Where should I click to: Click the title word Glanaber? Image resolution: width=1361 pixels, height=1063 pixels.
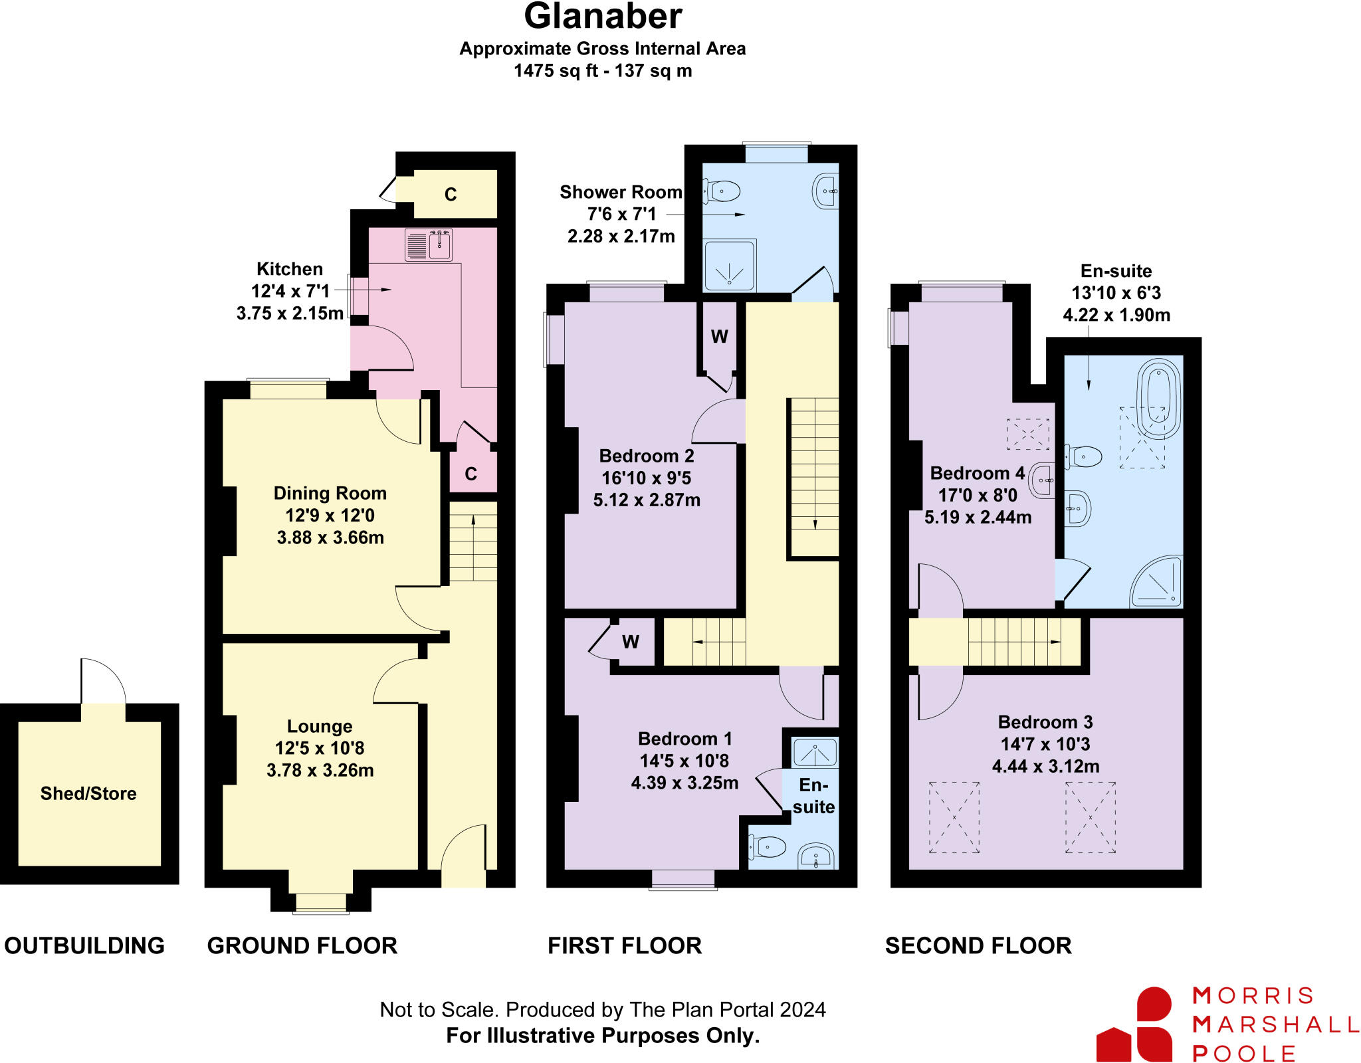point(603,17)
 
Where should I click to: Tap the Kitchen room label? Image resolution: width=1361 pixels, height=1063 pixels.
point(290,269)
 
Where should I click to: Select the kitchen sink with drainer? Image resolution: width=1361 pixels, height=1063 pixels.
point(429,245)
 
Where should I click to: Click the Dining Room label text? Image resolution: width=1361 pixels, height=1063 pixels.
point(330,493)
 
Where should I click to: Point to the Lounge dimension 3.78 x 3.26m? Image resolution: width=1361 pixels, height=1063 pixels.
point(320,770)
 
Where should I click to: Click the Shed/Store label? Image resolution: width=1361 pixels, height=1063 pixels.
point(88,793)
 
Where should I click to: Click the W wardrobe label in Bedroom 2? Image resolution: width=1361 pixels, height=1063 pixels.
point(719,337)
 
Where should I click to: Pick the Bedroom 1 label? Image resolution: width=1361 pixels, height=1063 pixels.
point(684,739)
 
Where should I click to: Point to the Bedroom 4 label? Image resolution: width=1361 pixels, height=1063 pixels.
point(977,473)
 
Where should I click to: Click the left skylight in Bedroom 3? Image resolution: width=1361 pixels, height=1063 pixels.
point(954,817)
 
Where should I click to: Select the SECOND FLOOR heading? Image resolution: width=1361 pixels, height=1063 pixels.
point(978,945)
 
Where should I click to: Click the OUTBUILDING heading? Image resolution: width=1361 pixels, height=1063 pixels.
point(84,945)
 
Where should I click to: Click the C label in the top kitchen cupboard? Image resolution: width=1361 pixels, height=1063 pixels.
point(451,195)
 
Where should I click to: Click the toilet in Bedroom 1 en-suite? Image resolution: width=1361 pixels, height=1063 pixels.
point(769,847)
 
